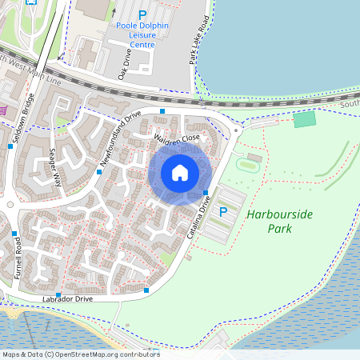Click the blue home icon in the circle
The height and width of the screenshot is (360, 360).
click(180, 173)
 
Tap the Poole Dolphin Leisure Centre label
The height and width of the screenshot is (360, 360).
click(143, 35)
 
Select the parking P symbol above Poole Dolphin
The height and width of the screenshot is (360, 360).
click(143, 14)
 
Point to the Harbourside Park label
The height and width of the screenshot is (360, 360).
click(269, 222)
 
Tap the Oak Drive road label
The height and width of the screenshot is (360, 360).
click(124, 62)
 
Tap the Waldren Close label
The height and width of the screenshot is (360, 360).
click(177, 139)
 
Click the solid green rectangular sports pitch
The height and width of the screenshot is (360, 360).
click(305, 119)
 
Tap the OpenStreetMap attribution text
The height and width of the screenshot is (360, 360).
click(80, 354)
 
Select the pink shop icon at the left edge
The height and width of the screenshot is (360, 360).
click(3, 110)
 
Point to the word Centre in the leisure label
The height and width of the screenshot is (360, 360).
click(142, 45)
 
